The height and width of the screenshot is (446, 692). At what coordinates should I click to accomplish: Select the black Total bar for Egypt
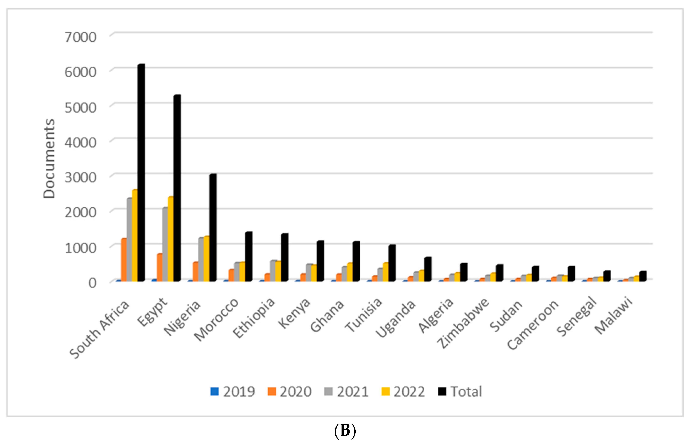pos(177,188)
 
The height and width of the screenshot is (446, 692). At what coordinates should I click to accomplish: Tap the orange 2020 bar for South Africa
pos(124,260)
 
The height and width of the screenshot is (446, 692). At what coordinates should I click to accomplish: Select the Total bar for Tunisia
pos(392,263)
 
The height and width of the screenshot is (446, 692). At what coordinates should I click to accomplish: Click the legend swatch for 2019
pos(214,392)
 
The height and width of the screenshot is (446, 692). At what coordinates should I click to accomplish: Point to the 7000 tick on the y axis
pos(80,37)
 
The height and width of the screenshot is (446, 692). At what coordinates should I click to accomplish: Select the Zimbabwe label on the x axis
pos(463,323)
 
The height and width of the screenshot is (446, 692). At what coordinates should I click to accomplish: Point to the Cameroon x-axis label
pos(533,324)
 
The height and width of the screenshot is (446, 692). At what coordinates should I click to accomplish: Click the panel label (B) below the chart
pos(345,431)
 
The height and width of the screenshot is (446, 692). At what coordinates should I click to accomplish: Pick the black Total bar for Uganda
pos(428,269)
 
